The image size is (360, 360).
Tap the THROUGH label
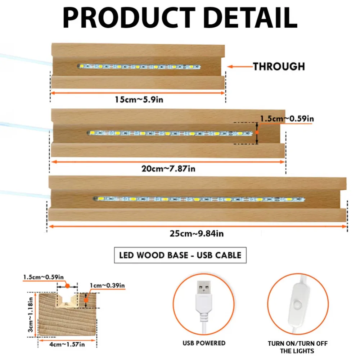pyautogui.click(x=279, y=67)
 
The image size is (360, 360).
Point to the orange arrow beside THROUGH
pyautogui.click(x=240, y=67)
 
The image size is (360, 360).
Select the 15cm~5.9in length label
pyautogui.click(x=139, y=100)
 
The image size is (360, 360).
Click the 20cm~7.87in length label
pyautogui.click(x=168, y=169)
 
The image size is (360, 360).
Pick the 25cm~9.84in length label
pyautogui.click(x=197, y=234)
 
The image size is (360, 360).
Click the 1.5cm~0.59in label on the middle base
pyautogui.click(x=287, y=119)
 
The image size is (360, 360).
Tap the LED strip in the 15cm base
pyautogui.click(x=139, y=67)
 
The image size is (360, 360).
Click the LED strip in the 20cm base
pyautogui.click(x=170, y=133)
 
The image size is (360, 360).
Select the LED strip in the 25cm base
pyautogui.click(x=199, y=199)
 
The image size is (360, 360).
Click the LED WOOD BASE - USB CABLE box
pyautogui.click(x=180, y=255)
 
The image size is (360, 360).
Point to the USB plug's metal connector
pyautogui.click(x=204, y=288)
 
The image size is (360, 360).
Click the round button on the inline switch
pyautogui.click(x=298, y=305)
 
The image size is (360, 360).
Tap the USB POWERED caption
pyautogui.click(x=204, y=343)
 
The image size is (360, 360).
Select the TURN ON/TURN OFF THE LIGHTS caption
pyautogui.click(x=297, y=347)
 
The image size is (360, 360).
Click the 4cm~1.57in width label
pyautogui.click(x=67, y=345)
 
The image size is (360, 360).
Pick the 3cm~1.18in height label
pyautogui.click(x=31, y=315)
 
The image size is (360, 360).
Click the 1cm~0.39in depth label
pyautogui.click(x=107, y=285)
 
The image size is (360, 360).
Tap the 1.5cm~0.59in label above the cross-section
pyautogui.click(x=44, y=277)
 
